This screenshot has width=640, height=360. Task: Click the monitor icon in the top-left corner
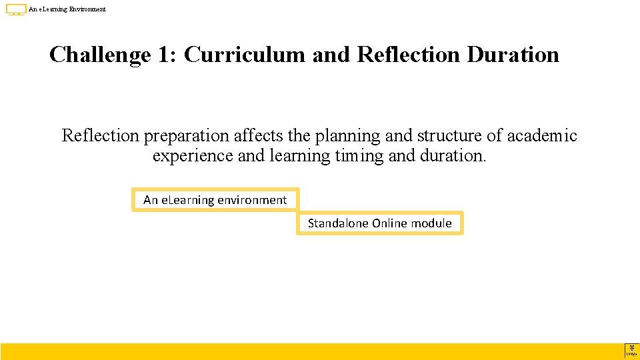(x=16, y=9)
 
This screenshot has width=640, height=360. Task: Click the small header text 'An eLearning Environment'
(x=67, y=9)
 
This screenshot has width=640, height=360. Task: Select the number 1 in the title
(x=164, y=55)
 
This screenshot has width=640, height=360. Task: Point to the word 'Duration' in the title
(x=513, y=55)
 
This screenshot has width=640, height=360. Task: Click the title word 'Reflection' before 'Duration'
(x=409, y=55)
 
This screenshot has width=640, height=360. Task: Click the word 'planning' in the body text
(x=348, y=136)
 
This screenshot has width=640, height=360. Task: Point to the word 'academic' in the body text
(x=542, y=136)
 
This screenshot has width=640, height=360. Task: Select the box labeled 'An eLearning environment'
(x=215, y=199)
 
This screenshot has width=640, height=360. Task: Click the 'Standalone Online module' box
(x=379, y=223)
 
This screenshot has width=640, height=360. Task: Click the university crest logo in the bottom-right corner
(x=631, y=351)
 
